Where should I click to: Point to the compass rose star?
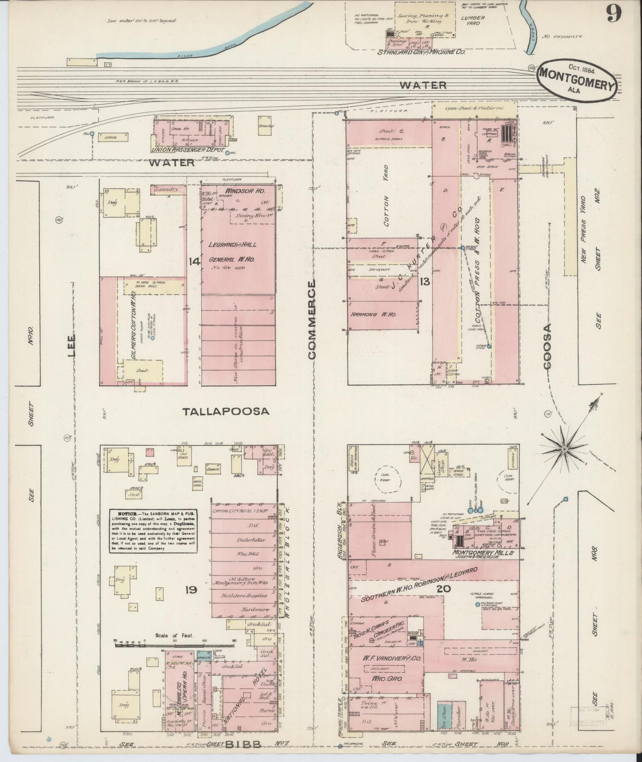pyautogui.click(x=564, y=449)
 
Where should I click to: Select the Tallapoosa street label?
pyautogui.click(x=226, y=411)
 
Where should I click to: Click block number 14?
pyautogui.click(x=194, y=261)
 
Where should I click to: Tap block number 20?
pyautogui.click(x=444, y=589)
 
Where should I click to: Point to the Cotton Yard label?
pyautogui.click(x=386, y=196)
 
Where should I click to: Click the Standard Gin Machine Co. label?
pyautogui.click(x=420, y=52)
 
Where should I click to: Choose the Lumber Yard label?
pyautogui.click(x=473, y=20)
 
